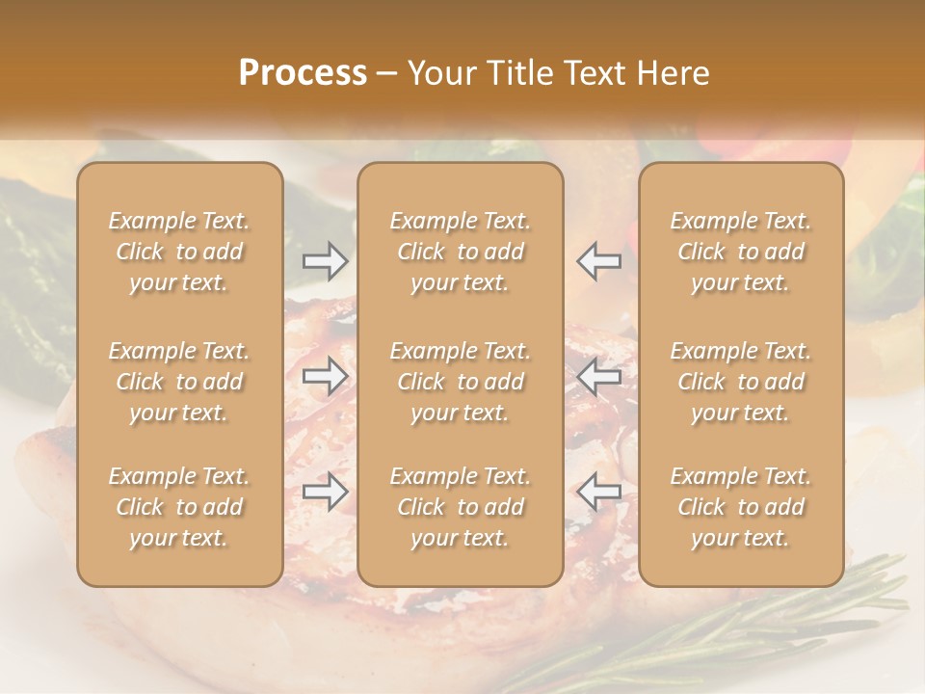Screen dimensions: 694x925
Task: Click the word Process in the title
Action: (303, 73)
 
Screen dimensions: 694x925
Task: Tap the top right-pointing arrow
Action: (326, 260)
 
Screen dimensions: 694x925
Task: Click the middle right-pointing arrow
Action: (326, 376)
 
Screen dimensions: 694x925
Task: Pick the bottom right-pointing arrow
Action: (326, 492)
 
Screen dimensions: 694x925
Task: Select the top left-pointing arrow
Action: (599, 260)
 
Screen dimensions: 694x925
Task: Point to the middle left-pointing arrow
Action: (599, 376)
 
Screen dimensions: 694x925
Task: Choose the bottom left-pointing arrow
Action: (599, 492)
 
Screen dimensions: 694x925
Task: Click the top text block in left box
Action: (179, 252)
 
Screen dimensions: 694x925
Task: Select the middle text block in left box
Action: (179, 382)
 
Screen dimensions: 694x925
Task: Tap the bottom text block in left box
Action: (179, 507)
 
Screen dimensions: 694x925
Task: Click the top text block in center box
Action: (460, 252)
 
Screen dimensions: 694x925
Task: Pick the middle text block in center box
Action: (460, 382)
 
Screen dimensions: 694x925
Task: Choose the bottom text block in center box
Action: (460, 507)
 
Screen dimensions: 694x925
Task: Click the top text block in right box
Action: (741, 252)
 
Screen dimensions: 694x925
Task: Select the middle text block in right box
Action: (741, 382)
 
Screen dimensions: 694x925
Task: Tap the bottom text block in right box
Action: (741, 507)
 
